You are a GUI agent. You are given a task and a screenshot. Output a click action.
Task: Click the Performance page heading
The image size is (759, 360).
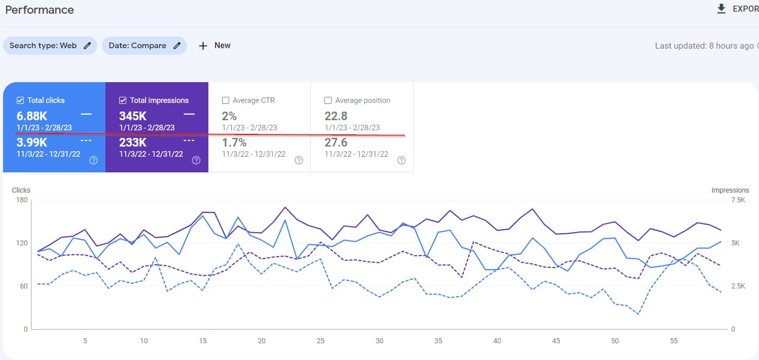[x=40, y=10]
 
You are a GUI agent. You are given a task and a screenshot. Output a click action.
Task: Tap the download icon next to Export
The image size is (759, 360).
[x=721, y=9]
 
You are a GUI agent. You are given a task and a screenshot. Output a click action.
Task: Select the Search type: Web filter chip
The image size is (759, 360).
[x=50, y=46]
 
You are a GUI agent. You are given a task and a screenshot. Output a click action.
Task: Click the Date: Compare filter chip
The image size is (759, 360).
[x=144, y=46]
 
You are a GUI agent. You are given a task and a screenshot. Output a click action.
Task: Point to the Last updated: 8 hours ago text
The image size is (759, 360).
[x=704, y=46]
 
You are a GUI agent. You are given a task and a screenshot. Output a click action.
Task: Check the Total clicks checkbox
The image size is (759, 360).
[x=20, y=100]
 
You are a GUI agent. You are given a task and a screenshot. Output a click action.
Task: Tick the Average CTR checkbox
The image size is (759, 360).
[x=226, y=100]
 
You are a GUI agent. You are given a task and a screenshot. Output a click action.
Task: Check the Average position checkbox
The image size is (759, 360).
[x=328, y=100]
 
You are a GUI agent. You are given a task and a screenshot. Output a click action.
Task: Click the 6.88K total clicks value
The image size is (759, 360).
[x=32, y=116]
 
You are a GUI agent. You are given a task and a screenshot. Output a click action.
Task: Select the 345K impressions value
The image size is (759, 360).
[x=133, y=116]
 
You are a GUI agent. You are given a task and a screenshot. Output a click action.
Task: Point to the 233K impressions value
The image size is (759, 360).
[x=133, y=142]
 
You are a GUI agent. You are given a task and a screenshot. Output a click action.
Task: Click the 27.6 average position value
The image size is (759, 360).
[x=336, y=142]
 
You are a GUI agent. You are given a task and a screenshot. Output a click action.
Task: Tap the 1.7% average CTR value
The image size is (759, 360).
[x=234, y=142]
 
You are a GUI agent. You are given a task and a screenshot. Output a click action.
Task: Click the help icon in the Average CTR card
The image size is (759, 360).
[x=299, y=160]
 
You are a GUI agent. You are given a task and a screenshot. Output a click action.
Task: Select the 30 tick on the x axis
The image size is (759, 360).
[x=379, y=341]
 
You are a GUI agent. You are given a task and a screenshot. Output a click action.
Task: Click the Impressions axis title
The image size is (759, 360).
[x=730, y=190]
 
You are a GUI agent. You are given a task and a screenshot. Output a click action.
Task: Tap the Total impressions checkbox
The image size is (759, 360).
[x=123, y=100]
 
